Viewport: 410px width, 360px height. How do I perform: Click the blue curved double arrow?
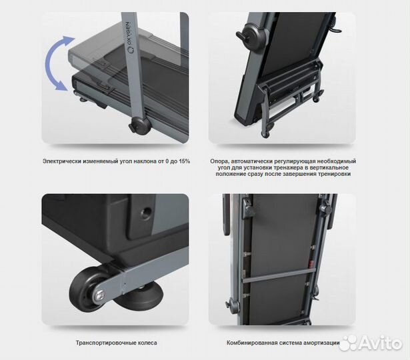point(50,63)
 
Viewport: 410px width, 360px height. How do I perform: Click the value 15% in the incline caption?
point(184,161)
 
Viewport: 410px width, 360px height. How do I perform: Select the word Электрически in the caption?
point(62,161)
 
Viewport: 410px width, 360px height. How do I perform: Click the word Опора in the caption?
point(219,161)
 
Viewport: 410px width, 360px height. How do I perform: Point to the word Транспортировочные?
point(103,343)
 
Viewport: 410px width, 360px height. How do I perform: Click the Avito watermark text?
point(380,343)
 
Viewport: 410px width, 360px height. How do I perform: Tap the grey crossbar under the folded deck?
point(279,276)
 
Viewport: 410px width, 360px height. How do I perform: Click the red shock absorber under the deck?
point(311,263)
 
